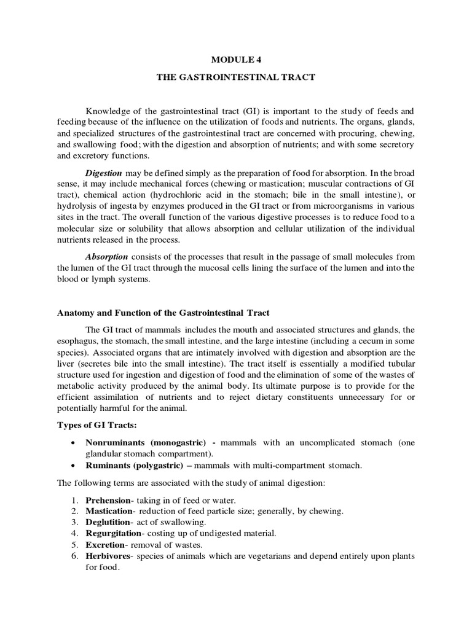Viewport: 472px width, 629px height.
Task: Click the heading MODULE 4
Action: pyautogui.click(x=237, y=60)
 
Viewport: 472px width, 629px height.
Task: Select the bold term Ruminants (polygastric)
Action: pyautogui.click(x=135, y=466)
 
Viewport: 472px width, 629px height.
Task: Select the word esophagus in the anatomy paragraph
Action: pyautogui.click(x=77, y=340)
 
